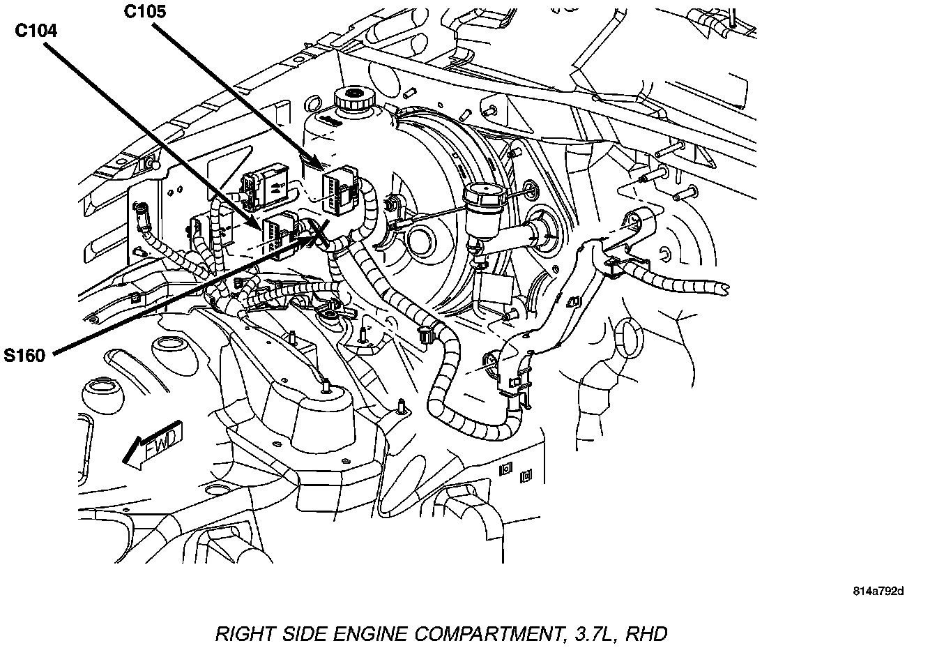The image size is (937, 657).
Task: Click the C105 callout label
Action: coord(146,12)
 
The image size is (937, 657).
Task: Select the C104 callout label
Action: coord(38,31)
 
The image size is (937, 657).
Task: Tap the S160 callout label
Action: coord(24,356)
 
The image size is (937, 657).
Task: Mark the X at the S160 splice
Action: coord(319,233)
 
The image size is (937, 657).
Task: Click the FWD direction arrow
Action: coord(153,445)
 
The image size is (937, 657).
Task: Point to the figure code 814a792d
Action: coord(878,591)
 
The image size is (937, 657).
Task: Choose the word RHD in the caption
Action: coord(647,634)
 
